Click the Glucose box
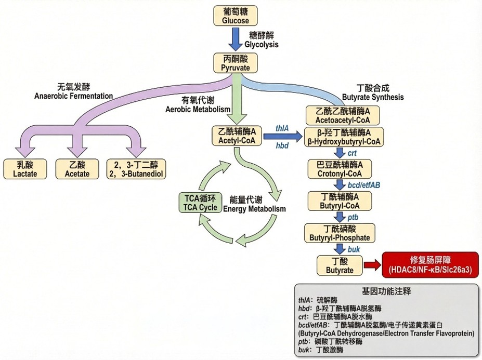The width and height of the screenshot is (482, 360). [x=236, y=16]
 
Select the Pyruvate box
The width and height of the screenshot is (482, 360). [x=236, y=63]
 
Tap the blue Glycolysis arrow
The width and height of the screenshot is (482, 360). [x=236, y=39]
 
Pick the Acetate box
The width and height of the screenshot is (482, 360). [x=77, y=169]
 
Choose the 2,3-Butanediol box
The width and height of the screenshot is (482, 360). [x=136, y=169]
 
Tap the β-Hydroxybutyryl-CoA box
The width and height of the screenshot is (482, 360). [x=343, y=137]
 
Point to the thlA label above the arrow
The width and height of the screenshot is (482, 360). [x=282, y=128]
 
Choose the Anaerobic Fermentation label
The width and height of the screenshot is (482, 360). [x=73, y=92]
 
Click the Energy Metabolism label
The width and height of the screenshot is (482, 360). [x=254, y=204]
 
